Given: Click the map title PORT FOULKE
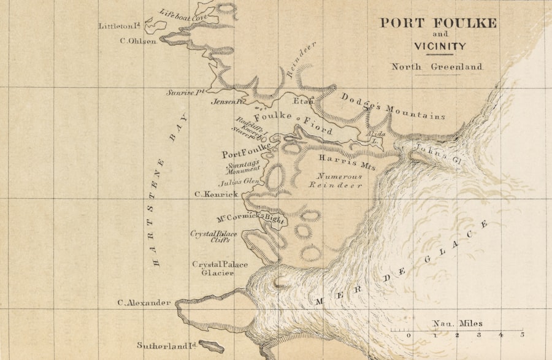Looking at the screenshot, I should point(438,23).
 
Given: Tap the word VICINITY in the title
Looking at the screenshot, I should point(439,46).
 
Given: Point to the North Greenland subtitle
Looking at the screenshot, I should point(437,67).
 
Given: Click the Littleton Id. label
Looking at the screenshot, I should point(120,26).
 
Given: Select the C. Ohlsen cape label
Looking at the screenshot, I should point(138,41).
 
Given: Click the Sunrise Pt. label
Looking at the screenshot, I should point(185,93).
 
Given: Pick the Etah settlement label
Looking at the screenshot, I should point(303,101).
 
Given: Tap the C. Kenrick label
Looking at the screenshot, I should point(216,194).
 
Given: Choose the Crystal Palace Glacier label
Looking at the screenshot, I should point(220,269).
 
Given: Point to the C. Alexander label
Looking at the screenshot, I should point(144,302).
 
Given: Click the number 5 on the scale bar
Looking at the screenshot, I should point(523,335).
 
